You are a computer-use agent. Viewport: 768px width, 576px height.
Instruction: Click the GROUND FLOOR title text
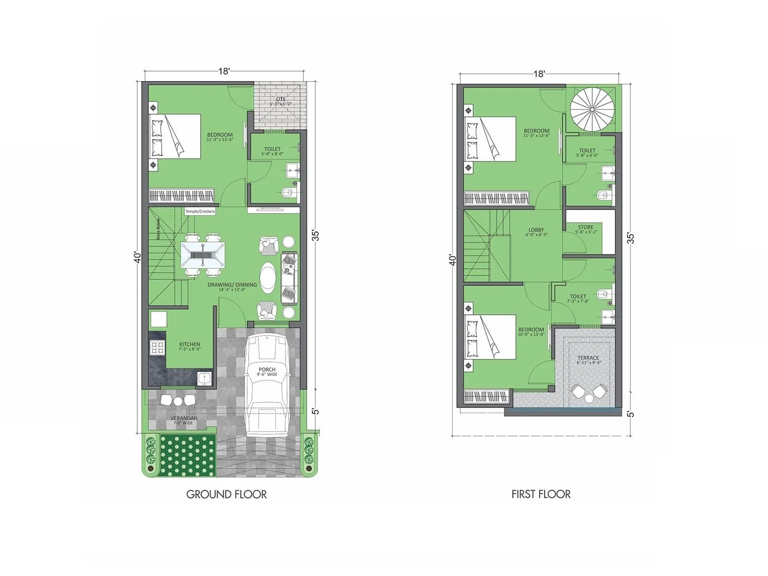tap(226, 494)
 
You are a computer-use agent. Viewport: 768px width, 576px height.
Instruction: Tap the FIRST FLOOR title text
tap(541, 494)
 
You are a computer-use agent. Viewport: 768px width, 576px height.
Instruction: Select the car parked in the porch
tap(267, 384)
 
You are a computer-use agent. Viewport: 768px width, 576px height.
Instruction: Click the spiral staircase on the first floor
tap(592, 110)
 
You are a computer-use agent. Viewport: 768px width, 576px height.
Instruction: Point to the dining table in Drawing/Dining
tap(203, 255)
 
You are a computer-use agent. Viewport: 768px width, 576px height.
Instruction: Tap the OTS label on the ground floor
tap(280, 100)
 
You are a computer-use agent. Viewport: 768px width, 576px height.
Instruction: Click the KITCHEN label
tap(190, 345)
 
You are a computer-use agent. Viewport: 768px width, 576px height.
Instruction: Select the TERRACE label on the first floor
tap(588, 358)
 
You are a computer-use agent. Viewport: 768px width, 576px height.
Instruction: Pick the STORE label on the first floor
tap(586, 228)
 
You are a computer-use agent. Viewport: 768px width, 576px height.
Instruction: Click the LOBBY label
tap(536, 230)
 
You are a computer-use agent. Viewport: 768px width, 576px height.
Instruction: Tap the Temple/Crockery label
tap(200, 211)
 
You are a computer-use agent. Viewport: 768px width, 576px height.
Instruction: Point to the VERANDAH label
tap(184, 419)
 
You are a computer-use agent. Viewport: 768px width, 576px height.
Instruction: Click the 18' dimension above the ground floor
tap(224, 72)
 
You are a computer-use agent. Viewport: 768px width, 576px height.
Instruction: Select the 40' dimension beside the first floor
tap(452, 260)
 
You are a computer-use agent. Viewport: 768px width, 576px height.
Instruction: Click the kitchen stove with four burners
tap(157, 347)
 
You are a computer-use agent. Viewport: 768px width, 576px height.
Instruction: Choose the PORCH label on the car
tap(267, 370)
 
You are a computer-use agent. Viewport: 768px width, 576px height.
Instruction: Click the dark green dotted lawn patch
tap(187, 456)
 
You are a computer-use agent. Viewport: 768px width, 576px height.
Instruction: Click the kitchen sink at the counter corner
tap(205, 378)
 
